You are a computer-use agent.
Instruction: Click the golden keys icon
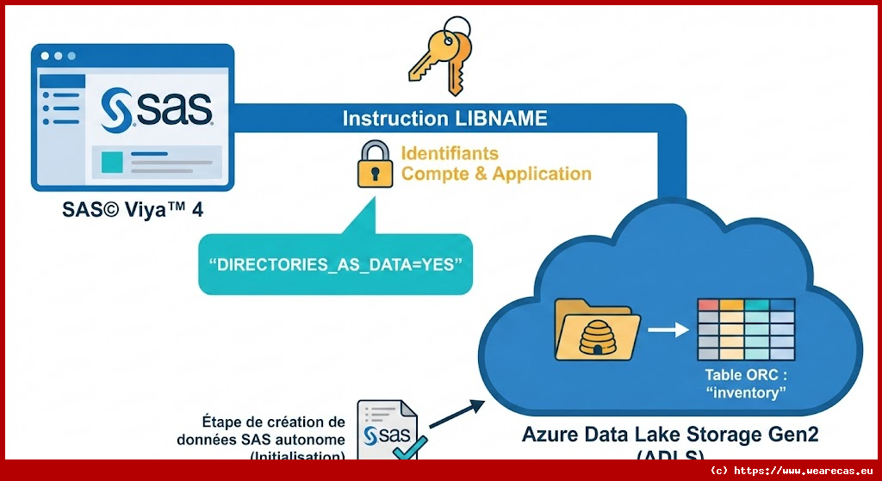439,60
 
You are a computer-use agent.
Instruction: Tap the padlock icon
376,164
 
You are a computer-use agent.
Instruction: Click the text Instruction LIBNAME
444,119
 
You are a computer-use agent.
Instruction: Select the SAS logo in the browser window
156,111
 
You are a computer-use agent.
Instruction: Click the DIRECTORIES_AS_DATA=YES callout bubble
336,264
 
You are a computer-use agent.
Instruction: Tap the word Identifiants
450,153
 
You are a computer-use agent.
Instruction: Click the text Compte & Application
496,174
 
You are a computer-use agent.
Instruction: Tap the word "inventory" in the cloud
747,394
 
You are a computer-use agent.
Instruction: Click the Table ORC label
746,375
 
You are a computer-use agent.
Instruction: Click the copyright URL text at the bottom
792,471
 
